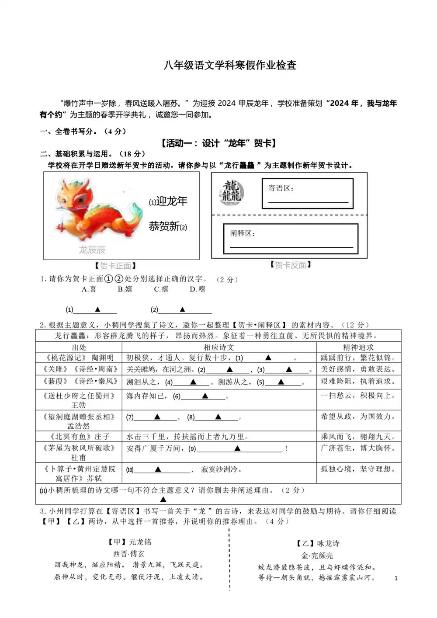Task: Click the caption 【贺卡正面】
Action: (x=115, y=266)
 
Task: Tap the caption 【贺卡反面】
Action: (x=290, y=265)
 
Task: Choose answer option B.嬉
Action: (x=125, y=289)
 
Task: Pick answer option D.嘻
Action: (x=198, y=289)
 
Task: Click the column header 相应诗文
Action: (x=219, y=347)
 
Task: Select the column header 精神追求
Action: (x=358, y=347)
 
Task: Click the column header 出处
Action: (x=79, y=347)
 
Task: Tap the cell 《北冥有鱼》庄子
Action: (x=79, y=437)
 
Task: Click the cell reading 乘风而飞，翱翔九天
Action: (x=358, y=437)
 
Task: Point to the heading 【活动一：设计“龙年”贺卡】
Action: (x=218, y=143)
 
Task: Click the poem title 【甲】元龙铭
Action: (x=129, y=542)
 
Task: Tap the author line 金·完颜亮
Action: (x=317, y=556)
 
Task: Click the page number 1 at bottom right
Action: (x=396, y=578)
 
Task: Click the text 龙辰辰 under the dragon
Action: (x=92, y=250)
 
